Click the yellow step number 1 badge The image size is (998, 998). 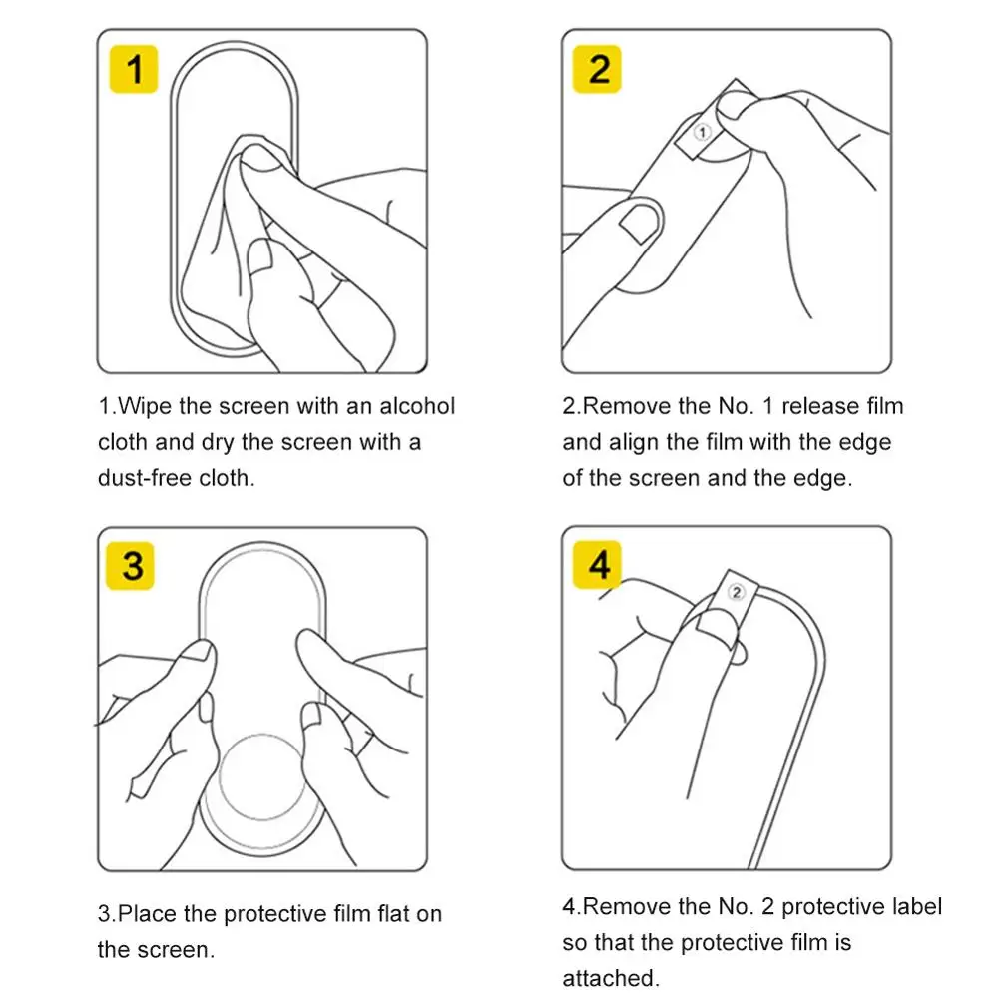tap(134, 69)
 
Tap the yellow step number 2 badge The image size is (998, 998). tap(597, 69)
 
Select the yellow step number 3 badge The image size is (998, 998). tap(130, 565)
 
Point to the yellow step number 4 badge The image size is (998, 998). tap(597, 565)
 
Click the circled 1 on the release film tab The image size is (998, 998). tap(702, 132)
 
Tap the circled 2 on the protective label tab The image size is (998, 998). tap(736, 593)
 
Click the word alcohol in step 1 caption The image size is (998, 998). tap(417, 406)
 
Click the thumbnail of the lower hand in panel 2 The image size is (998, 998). tap(639, 223)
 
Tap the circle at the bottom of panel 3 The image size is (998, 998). tap(262, 777)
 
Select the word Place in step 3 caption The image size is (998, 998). tap(148, 913)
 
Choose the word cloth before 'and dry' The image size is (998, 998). tap(123, 442)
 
